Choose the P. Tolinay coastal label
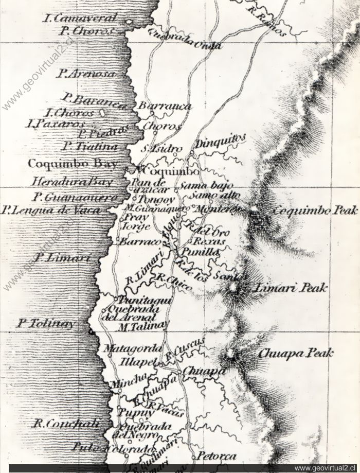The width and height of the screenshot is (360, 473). (45, 324)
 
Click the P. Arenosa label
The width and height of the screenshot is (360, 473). (86, 74)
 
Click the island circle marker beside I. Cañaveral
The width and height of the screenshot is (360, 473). (129, 22)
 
